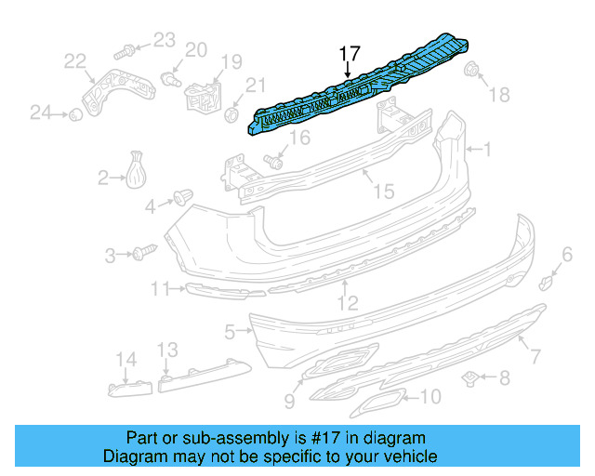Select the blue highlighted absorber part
tap(363, 88)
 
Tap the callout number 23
tap(164, 39)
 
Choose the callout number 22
tap(74, 61)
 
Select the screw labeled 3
tap(144, 252)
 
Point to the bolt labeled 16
tap(273, 161)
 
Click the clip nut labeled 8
tap(471, 377)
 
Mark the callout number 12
tap(347, 301)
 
